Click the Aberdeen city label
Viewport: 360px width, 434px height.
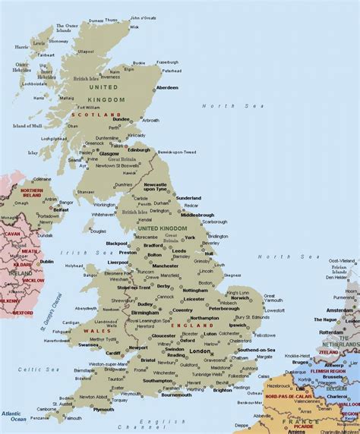(167, 87)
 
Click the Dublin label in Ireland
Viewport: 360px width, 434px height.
(47, 261)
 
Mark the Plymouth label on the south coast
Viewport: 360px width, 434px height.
(103, 410)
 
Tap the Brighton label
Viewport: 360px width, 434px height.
(223, 390)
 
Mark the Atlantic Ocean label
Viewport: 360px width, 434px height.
(13, 416)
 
